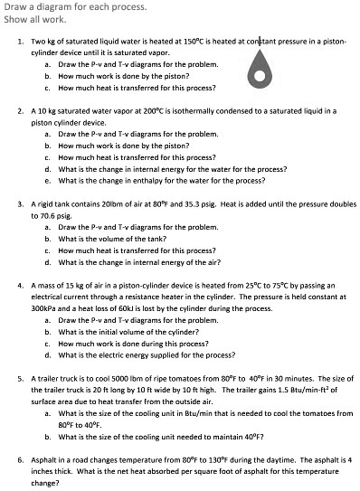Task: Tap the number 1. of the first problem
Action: point(21,43)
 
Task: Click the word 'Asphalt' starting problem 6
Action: point(43,459)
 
